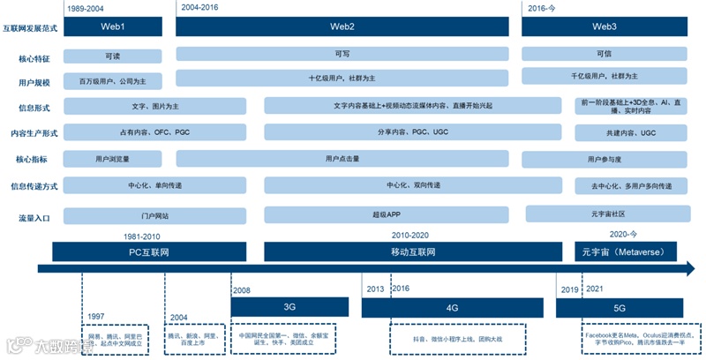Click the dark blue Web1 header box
point(112,26)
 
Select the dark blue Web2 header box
point(342,26)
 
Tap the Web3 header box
point(605,26)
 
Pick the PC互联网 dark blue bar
point(148,251)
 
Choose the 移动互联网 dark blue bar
point(409,251)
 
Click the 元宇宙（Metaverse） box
point(628,251)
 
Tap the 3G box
point(289,307)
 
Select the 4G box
point(453,308)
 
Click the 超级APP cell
point(387,214)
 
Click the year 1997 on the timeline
point(96,317)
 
